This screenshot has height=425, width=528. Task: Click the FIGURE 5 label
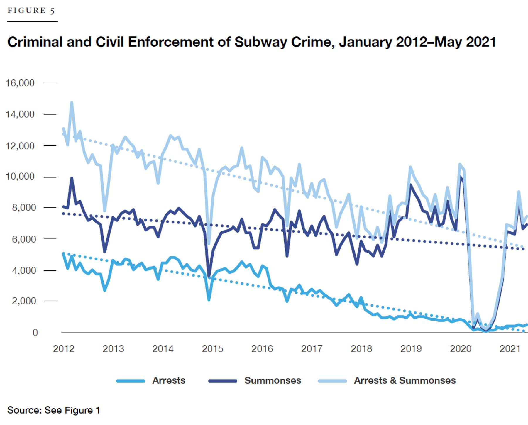pyautogui.click(x=31, y=11)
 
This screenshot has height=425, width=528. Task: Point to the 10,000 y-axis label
pyautogui.click(x=20, y=176)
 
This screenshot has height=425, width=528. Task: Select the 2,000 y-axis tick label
pyautogui.click(x=24, y=301)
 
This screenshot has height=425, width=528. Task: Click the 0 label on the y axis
pyautogui.click(x=35, y=332)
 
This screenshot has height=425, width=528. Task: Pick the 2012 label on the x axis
pyautogui.click(x=64, y=349)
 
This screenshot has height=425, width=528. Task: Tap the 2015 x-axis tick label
pyautogui.click(x=213, y=349)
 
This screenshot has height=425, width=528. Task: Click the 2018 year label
pyautogui.click(x=361, y=349)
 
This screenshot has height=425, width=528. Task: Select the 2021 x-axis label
pyautogui.click(x=510, y=349)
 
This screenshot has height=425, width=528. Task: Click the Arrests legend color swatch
pyautogui.click(x=131, y=381)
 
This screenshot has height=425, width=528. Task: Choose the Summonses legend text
pyautogui.click(x=273, y=380)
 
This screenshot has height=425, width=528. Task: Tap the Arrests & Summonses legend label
pyautogui.click(x=405, y=380)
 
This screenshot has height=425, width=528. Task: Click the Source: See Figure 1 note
pyautogui.click(x=54, y=410)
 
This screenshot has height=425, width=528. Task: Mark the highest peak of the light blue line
pyautogui.click(x=72, y=102)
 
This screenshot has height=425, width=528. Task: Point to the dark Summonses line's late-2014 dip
pyautogui.click(x=209, y=276)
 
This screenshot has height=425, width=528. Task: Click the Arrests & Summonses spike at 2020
pyautogui.click(x=460, y=164)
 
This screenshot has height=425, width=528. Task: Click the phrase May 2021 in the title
pyautogui.click(x=465, y=42)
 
